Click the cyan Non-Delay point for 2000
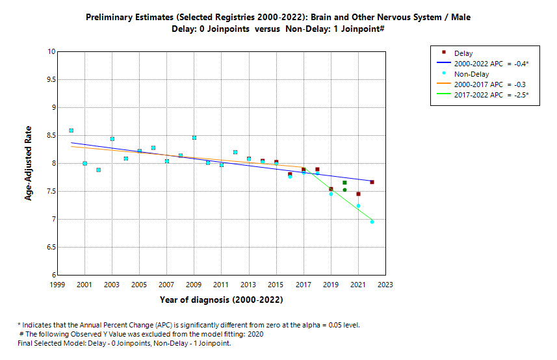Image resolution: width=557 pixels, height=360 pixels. click(71, 131)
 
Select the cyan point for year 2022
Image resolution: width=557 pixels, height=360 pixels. click(372, 222)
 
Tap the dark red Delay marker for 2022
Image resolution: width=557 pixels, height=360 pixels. click(372, 182)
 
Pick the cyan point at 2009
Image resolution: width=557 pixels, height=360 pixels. click(194, 138)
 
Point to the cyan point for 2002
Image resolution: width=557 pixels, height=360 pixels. click(98, 170)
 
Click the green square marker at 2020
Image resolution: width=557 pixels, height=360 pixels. click(344, 183)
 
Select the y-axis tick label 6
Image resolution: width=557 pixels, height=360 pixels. click(51, 276)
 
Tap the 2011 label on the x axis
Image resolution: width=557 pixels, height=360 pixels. click(221, 285)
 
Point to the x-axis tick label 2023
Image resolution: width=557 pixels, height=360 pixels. click(385, 285)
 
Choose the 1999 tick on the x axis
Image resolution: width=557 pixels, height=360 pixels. click(57, 285)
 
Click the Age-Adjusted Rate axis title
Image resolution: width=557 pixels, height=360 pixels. click(29, 163)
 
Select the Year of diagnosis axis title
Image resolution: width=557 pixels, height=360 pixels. click(221, 300)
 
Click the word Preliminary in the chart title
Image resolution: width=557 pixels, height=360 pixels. click(108, 18)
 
